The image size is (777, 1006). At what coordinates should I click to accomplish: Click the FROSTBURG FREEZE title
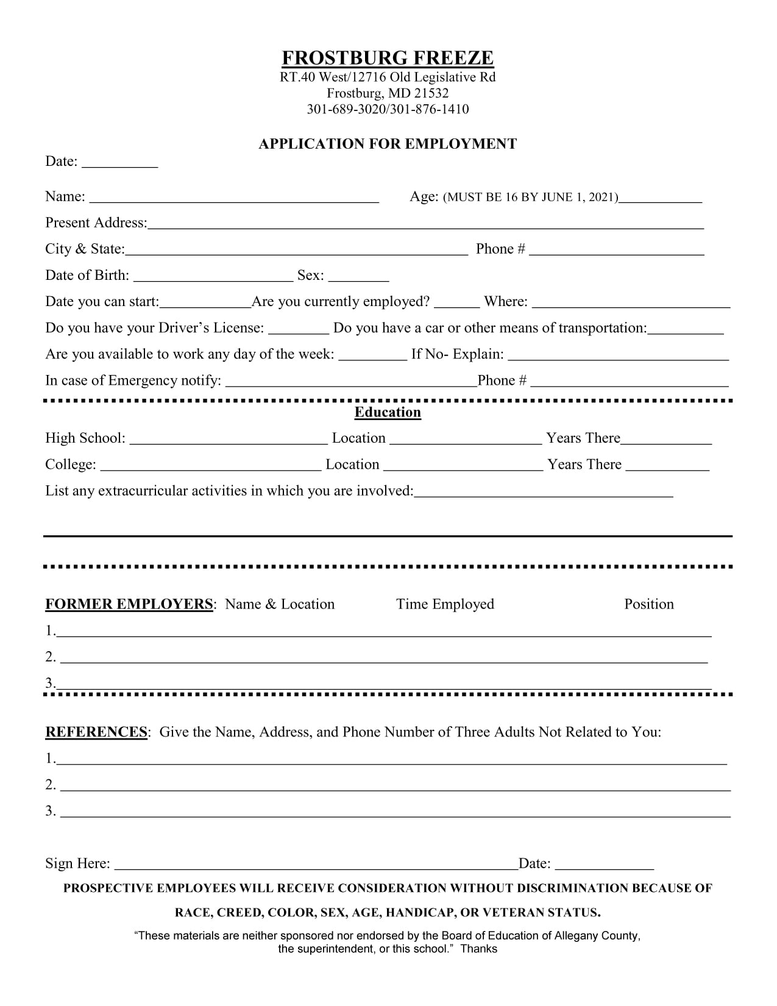click(388, 59)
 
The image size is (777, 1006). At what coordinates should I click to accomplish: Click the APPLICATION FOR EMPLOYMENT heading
click(388, 144)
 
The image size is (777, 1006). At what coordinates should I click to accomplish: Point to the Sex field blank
click(358, 278)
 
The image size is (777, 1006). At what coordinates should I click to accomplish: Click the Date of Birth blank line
click(213, 278)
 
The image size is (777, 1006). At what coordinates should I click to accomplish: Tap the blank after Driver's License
click(299, 330)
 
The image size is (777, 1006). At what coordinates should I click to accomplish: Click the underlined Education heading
click(388, 413)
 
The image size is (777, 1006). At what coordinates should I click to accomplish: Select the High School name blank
click(229, 441)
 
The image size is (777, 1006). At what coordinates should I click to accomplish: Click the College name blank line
click(210, 467)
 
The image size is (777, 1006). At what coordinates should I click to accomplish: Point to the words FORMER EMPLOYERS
click(129, 604)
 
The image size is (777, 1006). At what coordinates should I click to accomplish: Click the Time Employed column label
click(445, 604)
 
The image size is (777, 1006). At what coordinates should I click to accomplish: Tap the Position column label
click(649, 604)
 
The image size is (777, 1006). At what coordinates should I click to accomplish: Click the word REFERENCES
click(96, 732)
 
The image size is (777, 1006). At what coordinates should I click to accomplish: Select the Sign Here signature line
click(316, 866)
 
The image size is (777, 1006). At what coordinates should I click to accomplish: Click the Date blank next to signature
click(605, 866)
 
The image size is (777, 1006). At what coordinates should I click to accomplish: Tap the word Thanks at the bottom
click(479, 949)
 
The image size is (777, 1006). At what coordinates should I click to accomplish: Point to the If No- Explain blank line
click(618, 357)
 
